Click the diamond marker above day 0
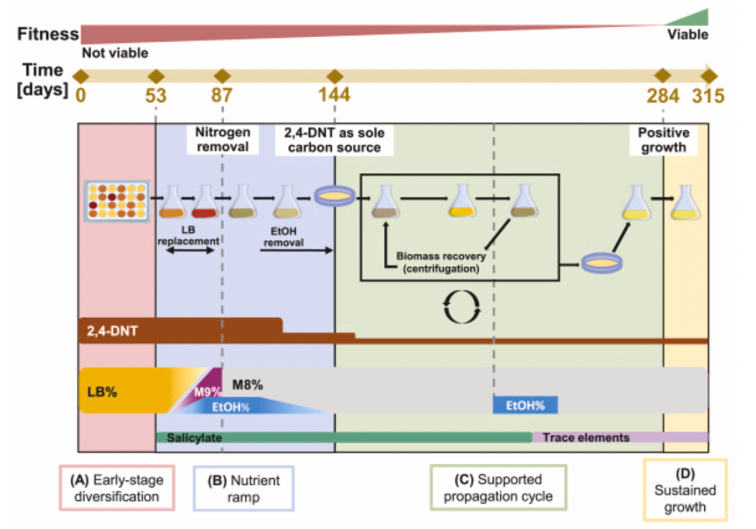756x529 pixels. [x=81, y=76]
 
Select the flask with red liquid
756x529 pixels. [x=204, y=202]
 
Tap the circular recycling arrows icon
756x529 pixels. [x=462, y=307]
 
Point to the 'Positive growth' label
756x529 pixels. [x=664, y=140]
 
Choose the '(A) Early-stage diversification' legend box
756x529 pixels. [x=117, y=488]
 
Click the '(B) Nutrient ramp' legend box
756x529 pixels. [x=243, y=488]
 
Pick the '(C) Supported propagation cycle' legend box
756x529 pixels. [x=498, y=488]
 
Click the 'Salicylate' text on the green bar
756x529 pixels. [x=194, y=438]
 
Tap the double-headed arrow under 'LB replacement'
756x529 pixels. [x=190, y=251]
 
